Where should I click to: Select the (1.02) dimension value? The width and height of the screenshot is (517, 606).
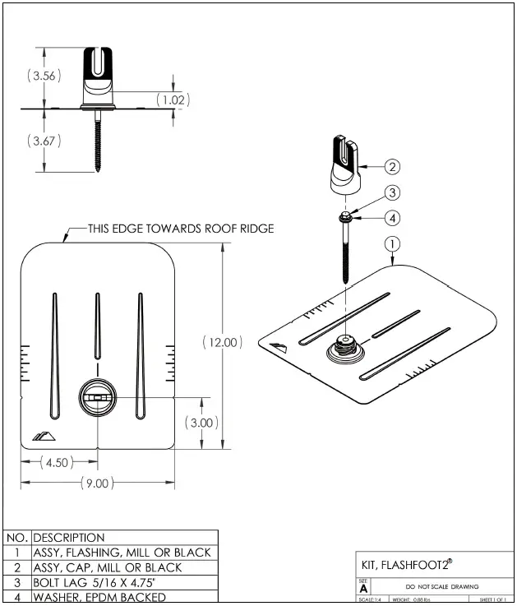(173, 99)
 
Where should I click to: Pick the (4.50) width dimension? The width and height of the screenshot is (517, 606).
(57, 462)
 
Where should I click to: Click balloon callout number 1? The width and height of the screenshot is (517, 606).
(393, 243)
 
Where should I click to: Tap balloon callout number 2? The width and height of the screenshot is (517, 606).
(393, 167)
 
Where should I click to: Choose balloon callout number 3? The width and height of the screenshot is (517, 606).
(393, 193)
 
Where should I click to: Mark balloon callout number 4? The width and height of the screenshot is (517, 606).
(393, 218)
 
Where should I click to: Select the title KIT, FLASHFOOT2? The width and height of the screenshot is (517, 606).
(407, 565)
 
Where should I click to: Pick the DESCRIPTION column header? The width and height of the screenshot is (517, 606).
(69, 538)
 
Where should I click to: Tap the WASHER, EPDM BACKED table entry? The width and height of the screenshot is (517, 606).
(99, 597)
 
